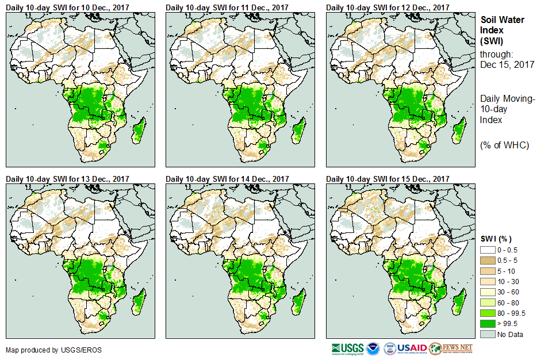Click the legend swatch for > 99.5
coord(487,323)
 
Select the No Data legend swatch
coord(487,334)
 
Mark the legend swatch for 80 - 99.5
coord(487,312)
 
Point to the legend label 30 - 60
coord(509,292)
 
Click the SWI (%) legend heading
coord(496,238)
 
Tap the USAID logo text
coord(413,348)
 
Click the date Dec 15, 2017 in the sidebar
coord(507,64)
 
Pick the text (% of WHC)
coord(504,145)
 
